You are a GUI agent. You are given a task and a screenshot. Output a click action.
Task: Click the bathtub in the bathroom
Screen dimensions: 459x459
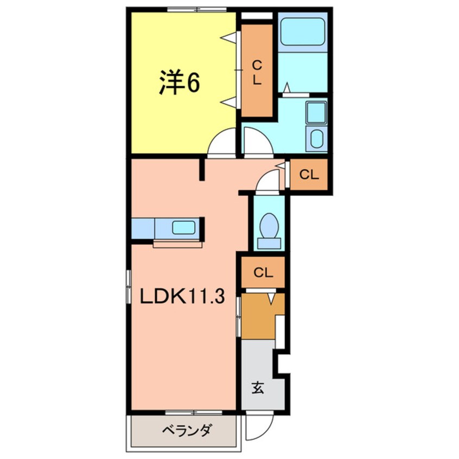tap(302, 31)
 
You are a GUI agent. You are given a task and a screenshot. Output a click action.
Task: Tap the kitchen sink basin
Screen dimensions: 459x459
tap(183, 227)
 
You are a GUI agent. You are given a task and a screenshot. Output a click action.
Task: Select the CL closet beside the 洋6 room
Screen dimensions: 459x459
tap(257, 71)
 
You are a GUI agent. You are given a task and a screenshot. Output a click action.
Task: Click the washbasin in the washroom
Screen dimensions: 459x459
tap(315, 113)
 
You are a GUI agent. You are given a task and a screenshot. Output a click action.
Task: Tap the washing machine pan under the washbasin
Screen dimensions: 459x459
tap(316, 139)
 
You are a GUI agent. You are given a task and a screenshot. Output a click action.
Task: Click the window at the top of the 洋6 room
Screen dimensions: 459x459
tap(196, 9)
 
